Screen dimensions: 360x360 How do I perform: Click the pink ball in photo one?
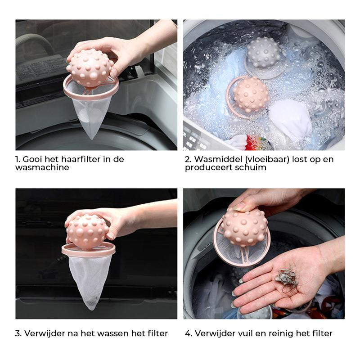90,68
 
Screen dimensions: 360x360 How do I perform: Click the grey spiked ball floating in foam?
264,53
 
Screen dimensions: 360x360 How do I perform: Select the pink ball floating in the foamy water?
251,94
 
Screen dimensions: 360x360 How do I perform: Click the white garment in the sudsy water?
290,119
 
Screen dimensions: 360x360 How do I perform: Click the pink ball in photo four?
245,227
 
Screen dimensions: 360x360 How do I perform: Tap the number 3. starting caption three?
18,333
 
